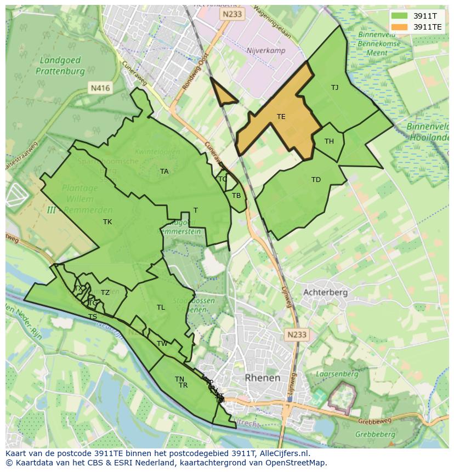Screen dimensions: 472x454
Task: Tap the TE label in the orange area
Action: pyautogui.click(x=281, y=117)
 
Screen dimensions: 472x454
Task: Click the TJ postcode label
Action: pyautogui.click(x=334, y=88)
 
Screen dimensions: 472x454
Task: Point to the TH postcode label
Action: pyautogui.click(x=329, y=141)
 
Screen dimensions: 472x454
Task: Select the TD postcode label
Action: pyautogui.click(x=316, y=180)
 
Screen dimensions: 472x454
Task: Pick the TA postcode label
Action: pyautogui.click(x=164, y=172)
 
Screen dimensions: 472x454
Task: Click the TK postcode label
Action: pyautogui.click(x=107, y=222)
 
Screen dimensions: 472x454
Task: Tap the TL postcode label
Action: pyautogui.click(x=161, y=308)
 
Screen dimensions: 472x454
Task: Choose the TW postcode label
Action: pyautogui.click(x=162, y=344)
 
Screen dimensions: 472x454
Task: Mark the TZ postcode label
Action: pyautogui.click(x=105, y=293)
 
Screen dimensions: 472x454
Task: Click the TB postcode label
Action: pyautogui.click(x=236, y=196)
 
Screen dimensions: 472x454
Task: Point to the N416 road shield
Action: pyautogui.click(x=100, y=88)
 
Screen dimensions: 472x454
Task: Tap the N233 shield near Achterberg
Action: pyautogui.click(x=297, y=334)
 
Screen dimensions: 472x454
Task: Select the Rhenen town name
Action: pyautogui.click(x=263, y=378)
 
